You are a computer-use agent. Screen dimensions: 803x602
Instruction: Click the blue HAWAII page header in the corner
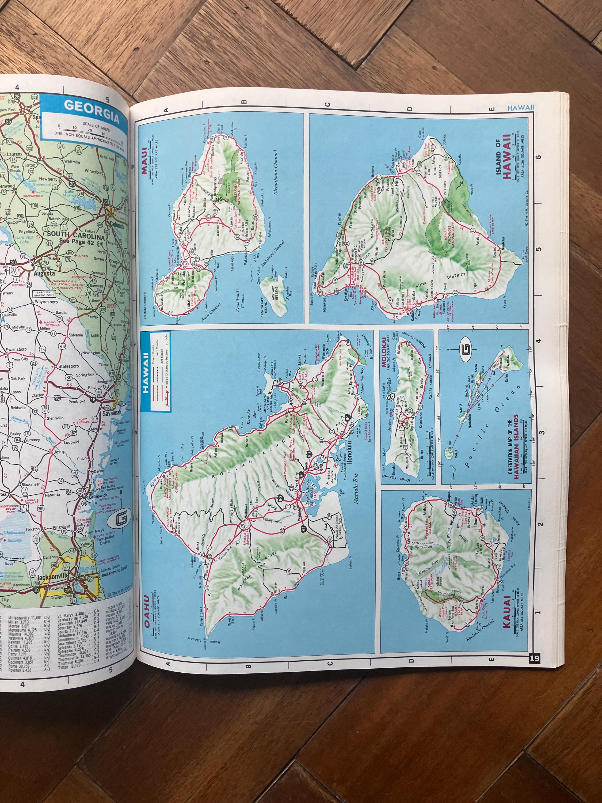pyautogui.click(x=521, y=107)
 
